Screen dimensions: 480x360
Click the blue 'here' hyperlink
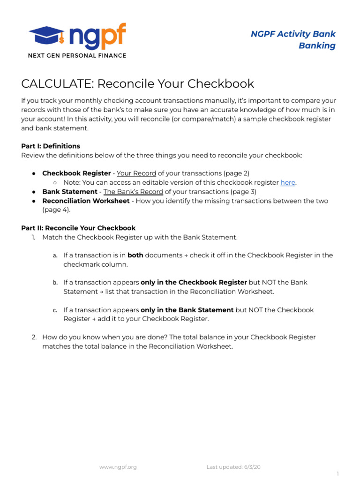coord(288,183)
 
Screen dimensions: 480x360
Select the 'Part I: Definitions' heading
coord(51,146)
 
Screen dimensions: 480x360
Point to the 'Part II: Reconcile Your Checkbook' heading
coord(78,228)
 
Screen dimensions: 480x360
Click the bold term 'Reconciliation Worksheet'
coord(86,201)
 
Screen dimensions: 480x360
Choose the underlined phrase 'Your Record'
coord(136,173)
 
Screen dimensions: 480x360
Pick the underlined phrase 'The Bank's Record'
coord(133,192)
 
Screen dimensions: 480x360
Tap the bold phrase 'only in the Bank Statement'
coord(187,310)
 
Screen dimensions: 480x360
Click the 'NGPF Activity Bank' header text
coord(293,34)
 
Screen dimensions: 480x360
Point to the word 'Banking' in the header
coord(317,45)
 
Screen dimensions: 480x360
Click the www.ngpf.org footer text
coord(118,467)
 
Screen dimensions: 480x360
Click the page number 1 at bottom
coord(337,474)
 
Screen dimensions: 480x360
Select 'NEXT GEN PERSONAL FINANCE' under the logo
coord(77,56)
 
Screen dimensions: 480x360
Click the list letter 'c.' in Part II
coord(55,310)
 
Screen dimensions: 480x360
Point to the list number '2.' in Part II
coord(34,337)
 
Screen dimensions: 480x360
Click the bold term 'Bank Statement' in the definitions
coord(70,192)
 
